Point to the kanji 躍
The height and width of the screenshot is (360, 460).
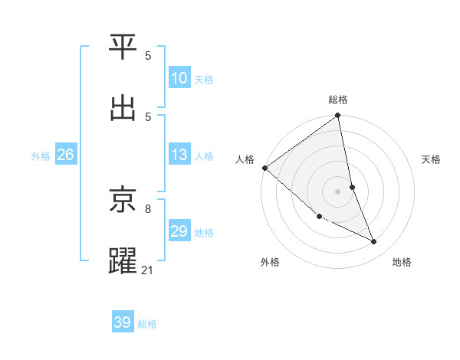tap(123, 260)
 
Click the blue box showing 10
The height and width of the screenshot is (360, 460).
tap(179, 78)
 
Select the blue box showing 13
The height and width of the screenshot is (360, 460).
tap(179, 155)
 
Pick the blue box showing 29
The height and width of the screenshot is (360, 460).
tap(179, 231)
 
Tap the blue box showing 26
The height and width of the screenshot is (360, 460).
tap(65, 155)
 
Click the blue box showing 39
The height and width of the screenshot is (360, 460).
tap(122, 322)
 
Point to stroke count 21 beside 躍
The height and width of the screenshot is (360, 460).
tap(148, 270)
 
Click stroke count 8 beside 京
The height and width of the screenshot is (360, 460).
tap(148, 208)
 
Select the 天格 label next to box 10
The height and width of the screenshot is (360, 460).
tap(204, 79)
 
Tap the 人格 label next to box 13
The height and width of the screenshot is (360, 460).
tap(204, 155)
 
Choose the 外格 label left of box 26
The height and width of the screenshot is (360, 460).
tap(41, 155)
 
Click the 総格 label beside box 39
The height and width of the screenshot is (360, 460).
tap(147, 323)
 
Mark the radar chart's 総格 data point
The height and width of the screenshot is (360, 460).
tap(337, 116)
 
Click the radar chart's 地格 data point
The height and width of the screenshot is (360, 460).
tap(374, 241)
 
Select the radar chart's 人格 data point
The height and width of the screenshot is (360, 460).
tap(264, 168)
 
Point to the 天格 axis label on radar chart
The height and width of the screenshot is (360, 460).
tap(431, 159)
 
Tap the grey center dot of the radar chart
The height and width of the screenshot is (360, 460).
tap(337, 191)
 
